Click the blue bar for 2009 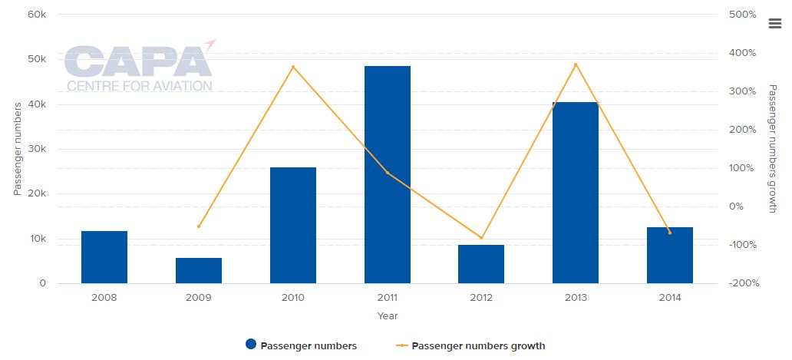tap(199, 270)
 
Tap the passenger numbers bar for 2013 tap(576, 192)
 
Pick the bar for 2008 tap(104, 256)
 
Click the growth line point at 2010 tap(293, 67)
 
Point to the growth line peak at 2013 tap(576, 64)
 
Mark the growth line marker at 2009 tap(199, 226)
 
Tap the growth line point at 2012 tap(481, 238)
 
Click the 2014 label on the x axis tap(669, 298)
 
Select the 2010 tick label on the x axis tap(293, 298)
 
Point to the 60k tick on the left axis tap(36, 15)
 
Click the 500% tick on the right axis tap(743, 15)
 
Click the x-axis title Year tap(388, 315)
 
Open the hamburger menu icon tap(774, 24)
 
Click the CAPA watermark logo tap(139, 68)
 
